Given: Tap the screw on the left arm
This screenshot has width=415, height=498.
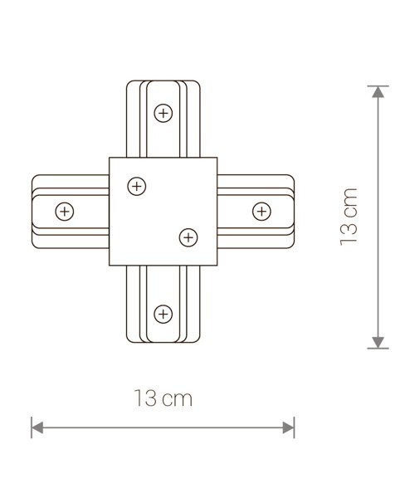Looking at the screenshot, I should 64,211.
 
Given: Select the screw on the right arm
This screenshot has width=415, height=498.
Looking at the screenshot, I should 261,211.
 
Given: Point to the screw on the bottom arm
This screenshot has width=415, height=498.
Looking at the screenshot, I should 164,313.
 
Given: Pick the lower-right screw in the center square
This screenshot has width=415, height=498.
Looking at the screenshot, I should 188,237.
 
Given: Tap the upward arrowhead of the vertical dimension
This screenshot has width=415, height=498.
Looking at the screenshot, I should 378,91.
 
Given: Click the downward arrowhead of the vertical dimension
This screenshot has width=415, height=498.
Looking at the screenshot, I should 378,341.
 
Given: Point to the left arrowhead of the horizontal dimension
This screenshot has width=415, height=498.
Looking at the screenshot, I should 37,428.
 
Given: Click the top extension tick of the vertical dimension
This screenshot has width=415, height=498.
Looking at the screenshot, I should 378,85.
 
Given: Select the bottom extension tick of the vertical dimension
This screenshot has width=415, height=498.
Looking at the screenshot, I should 378,349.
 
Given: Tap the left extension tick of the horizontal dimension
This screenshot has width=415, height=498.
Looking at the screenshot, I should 32,428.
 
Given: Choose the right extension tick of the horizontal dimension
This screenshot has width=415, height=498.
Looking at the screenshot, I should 294,428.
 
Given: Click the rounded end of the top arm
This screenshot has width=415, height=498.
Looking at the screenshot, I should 164,82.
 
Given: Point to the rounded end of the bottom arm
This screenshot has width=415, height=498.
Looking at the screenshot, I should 164,343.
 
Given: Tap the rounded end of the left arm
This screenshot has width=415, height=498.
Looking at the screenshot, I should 33,211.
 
